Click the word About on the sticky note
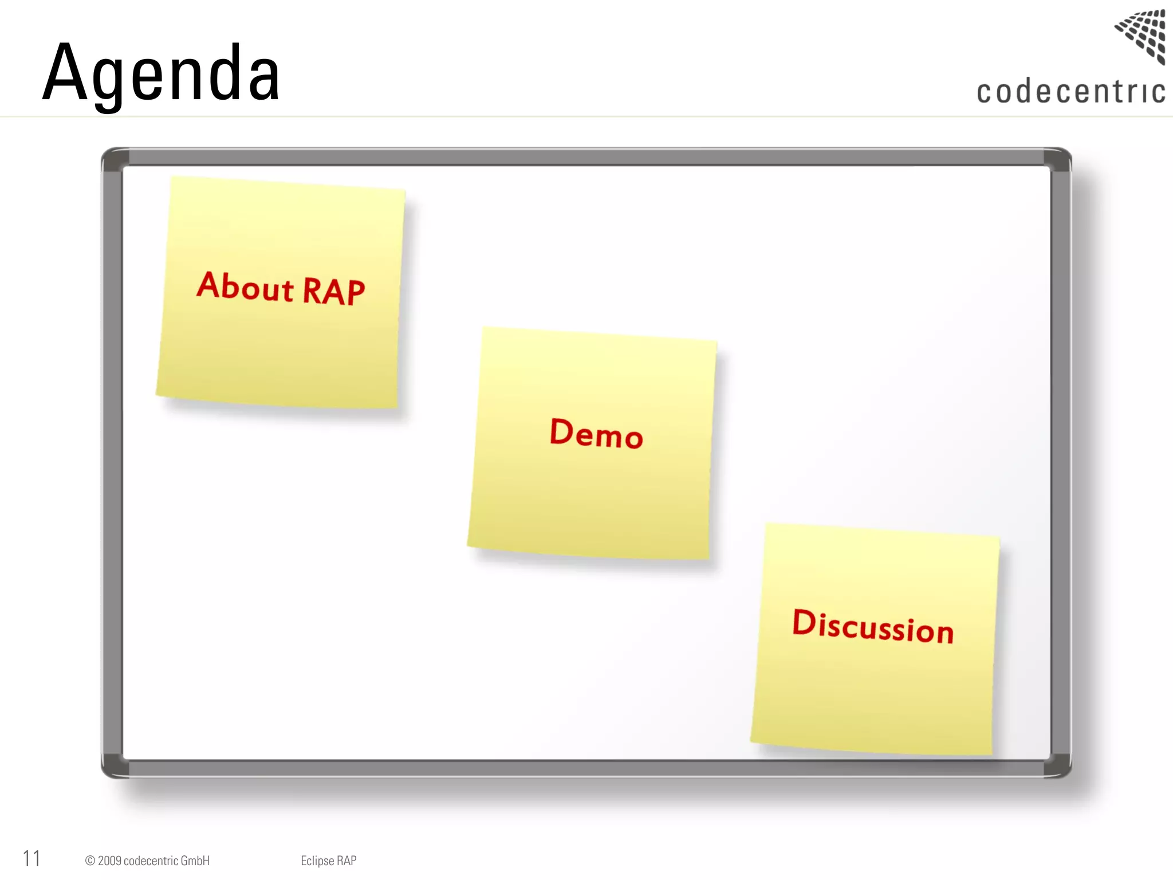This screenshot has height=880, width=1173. (245, 286)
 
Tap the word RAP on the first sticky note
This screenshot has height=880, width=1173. (333, 291)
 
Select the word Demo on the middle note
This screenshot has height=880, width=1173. (596, 433)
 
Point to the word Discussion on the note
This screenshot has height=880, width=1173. (873, 626)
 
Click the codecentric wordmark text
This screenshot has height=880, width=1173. (1070, 92)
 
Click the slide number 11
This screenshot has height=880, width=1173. (32, 859)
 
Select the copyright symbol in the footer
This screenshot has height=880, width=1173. (90, 861)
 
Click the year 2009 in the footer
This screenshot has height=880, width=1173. (109, 861)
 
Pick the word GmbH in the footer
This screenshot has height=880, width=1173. (195, 861)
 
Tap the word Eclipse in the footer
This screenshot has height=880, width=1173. (317, 861)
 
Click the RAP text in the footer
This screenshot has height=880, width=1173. (347, 861)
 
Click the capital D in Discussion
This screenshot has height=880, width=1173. (804, 622)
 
